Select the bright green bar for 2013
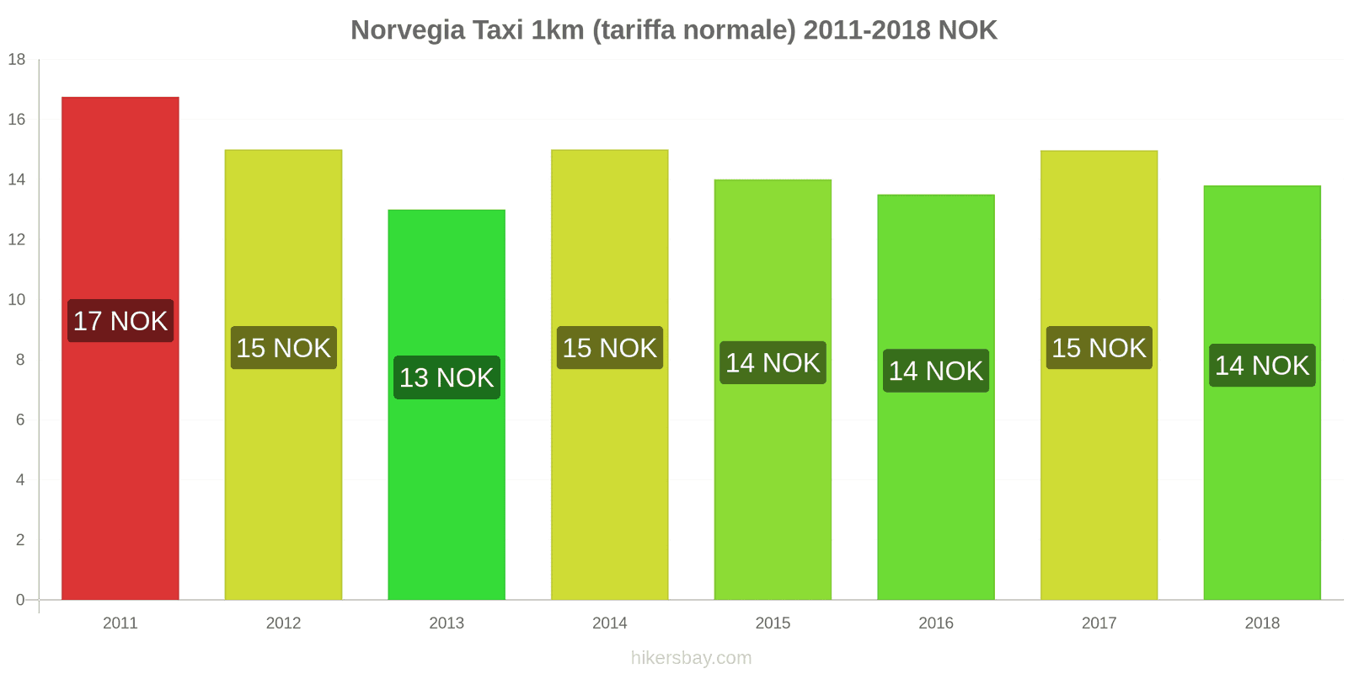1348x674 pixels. click(447, 489)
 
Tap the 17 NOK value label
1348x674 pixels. click(120, 321)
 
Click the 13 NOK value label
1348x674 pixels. click(447, 377)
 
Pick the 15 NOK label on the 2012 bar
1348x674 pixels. click(283, 348)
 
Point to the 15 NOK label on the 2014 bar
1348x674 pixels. click(609, 348)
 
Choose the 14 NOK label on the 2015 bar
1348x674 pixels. click(773, 363)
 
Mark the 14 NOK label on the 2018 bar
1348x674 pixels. click(1261, 366)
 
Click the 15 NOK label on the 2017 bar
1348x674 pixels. click(1099, 348)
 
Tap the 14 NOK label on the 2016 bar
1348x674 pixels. click(935, 371)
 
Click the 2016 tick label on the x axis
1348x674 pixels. click(935, 623)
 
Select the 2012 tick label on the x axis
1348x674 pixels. click(283, 623)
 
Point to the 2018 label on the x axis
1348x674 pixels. click(1261, 623)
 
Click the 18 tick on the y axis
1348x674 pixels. click(17, 59)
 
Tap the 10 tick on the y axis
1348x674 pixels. click(17, 299)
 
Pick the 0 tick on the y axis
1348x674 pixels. click(20, 600)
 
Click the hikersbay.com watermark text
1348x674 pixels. click(691, 658)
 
